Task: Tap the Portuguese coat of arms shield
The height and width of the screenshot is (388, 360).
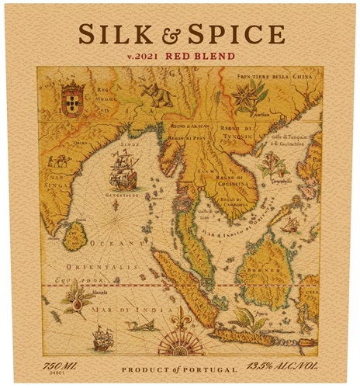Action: pyautogui.click(x=72, y=98)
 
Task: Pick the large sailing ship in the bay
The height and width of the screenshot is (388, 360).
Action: pyautogui.click(x=123, y=168)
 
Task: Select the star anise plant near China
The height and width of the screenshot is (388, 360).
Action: pyautogui.click(x=250, y=98)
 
